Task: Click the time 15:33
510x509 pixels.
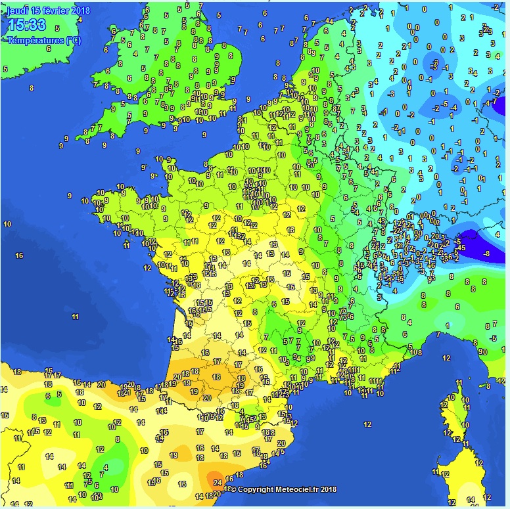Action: [x=27, y=26]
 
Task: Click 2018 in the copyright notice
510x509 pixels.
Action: [x=328, y=489]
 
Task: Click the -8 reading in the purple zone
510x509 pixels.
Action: [x=487, y=254]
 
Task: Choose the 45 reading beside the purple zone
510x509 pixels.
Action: [x=462, y=248]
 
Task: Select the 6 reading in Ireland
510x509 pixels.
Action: [x=49, y=47]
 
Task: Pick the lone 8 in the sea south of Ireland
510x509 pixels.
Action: [x=32, y=88]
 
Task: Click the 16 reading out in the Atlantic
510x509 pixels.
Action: [x=20, y=255]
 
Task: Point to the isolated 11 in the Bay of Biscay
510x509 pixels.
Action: [x=75, y=317]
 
